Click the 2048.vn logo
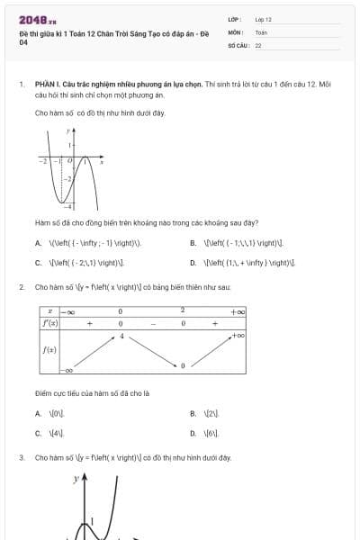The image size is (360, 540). pos(37,19)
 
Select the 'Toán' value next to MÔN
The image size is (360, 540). pos(261,31)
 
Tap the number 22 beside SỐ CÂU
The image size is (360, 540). pos(258,44)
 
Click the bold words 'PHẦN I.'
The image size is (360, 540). pos(48,84)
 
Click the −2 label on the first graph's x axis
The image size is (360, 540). pos(42,161)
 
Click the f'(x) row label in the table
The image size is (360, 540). pos(50,322)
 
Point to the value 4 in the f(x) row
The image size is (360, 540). pos(121,336)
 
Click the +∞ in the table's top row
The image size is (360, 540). pos(238,310)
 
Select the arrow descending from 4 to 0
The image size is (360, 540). pos(151,351)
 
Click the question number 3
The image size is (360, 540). pos(21,457)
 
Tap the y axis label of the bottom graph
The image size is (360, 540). pos(76,481)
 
